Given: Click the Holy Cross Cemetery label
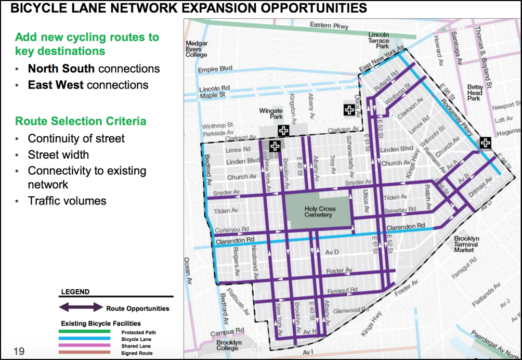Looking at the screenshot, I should [320, 212].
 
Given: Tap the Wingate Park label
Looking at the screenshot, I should [271, 113].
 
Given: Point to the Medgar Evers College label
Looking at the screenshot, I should [197, 49].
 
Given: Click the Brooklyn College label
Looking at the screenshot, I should [229, 346].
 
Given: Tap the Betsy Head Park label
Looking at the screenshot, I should [475, 93].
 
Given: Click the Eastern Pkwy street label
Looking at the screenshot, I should [329, 25].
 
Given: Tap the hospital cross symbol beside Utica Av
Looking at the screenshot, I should [349, 110].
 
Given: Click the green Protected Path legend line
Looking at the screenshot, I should [85, 331].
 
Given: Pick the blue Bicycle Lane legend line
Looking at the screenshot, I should [85, 338].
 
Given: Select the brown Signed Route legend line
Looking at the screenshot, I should [85, 352].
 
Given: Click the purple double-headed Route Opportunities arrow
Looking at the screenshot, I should [82, 307].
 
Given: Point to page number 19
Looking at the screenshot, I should [19, 352].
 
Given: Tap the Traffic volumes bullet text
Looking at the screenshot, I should [67, 201].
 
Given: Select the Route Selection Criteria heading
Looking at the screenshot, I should [81, 121].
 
